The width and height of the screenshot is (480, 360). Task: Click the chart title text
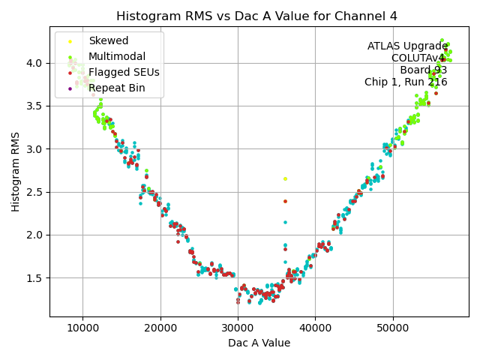point(257,16)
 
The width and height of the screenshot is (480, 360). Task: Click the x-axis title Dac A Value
point(259,343)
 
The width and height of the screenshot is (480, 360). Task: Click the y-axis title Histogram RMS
point(16,172)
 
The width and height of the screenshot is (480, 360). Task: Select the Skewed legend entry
point(108,40)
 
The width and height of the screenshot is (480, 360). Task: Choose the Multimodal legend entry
point(117,56)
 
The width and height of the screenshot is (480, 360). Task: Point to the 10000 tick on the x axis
point(83,328)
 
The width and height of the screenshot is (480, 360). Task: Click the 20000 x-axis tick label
point(160,328)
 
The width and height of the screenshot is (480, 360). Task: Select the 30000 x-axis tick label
point(238,328)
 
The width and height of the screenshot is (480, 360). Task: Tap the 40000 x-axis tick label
point(315,328)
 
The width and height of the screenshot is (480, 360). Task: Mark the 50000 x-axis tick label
point(392,328)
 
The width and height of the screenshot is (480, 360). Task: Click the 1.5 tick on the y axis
point(35,278)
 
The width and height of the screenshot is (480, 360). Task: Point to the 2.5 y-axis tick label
point(35,192)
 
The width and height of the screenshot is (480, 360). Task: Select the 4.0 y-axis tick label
point(35,63)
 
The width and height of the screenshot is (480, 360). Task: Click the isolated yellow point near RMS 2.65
point(285,178)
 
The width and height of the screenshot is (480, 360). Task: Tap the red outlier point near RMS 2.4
point(285,201)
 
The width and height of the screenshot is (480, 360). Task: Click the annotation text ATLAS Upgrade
point(407,46)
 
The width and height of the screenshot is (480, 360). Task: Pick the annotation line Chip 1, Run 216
point(406,82)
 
